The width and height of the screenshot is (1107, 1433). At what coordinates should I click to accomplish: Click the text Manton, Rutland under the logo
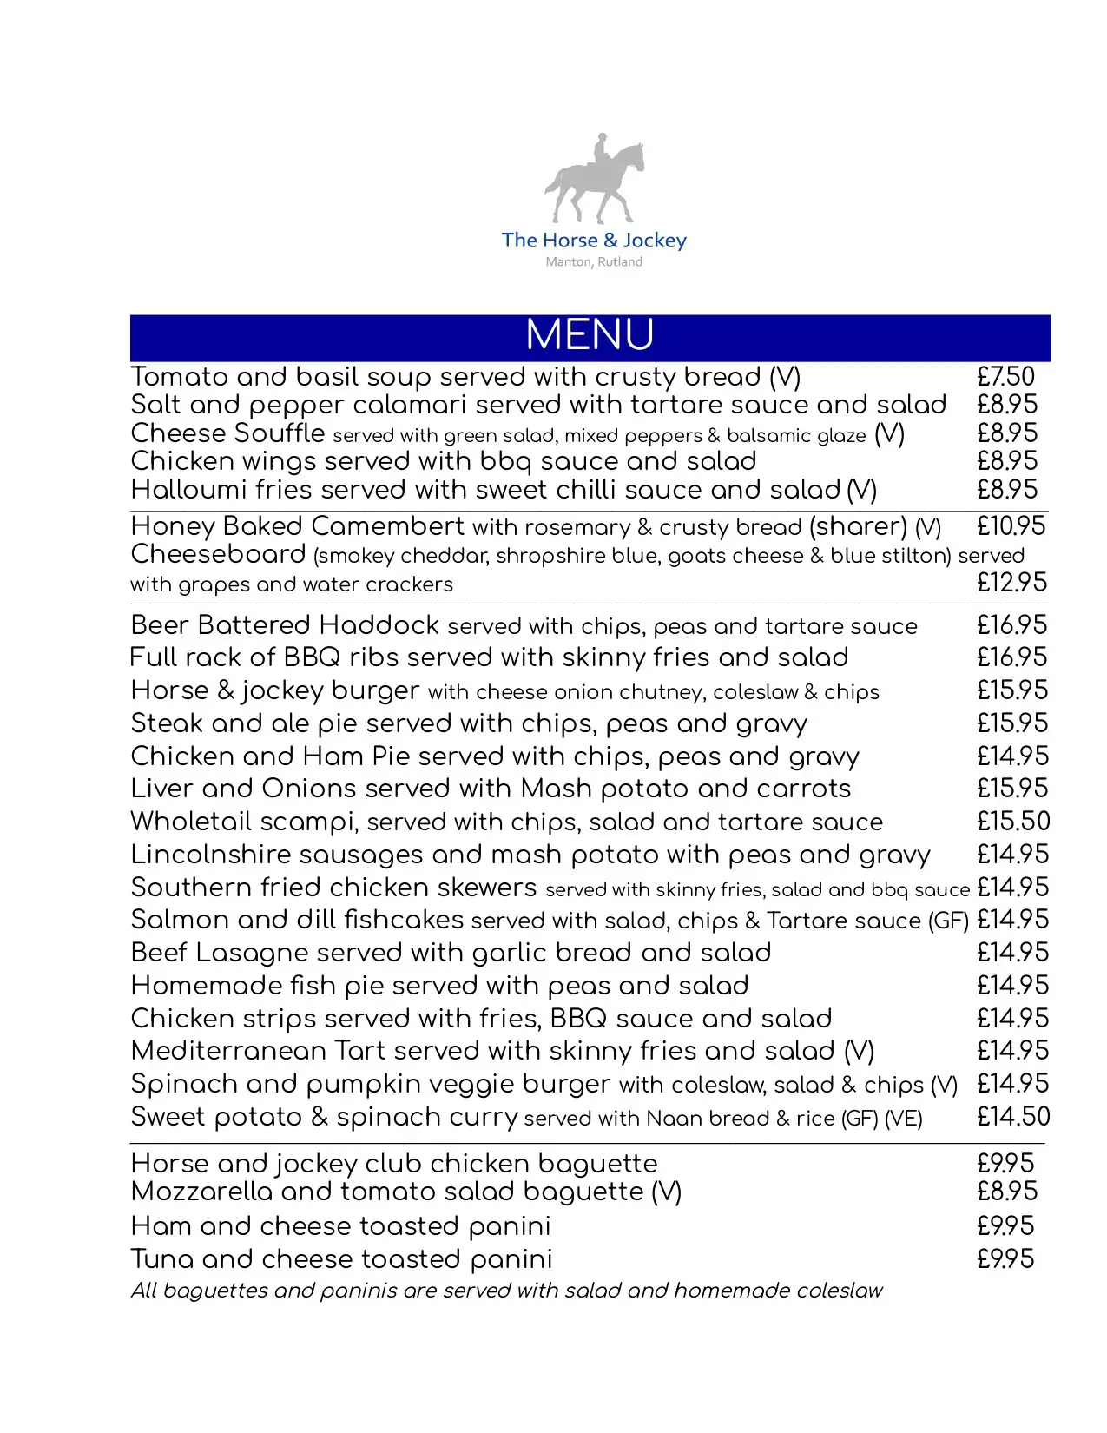594,261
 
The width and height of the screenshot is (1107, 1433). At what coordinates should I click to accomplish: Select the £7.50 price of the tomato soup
1005,377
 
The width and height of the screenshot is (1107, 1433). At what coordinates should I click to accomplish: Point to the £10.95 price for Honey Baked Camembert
1011,526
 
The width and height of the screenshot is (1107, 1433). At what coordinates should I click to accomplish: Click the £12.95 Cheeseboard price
1011,583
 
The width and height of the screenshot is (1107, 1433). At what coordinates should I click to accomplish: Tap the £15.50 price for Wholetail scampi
1012,822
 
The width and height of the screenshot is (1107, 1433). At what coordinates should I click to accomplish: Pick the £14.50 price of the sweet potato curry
1012,1117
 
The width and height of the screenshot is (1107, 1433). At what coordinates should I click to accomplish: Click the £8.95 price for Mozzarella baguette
1006,1192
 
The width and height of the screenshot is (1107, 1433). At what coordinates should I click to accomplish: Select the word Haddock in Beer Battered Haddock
379,625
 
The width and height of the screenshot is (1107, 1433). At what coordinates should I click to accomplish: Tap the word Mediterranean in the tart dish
228,1051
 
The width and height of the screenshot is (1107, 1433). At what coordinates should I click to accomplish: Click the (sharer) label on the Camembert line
858,526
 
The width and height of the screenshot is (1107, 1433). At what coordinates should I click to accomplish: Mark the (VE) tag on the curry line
903,1119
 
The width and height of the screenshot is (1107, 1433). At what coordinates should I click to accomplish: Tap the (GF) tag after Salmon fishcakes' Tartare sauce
948,921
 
